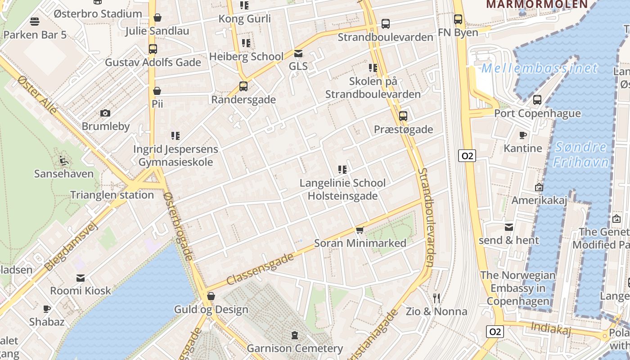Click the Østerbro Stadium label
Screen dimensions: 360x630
[x=98, y=13]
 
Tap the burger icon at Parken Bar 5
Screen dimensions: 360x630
[x=35, y=21]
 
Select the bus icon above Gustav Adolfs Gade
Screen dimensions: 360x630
[x=153, y=49]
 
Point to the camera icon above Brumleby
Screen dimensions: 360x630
[x=105, y=113]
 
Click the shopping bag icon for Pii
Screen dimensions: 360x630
[x=157, y=91]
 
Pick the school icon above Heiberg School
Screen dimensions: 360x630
[x=246, y=43]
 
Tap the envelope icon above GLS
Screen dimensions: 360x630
[x=298, y=53]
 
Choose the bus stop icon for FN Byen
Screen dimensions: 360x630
[x=458, y=19]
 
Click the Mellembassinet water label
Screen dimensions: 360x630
[x=539, y=68]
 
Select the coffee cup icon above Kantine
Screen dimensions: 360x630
[x=522, y=135]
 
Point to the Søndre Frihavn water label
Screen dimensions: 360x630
[x=580, y=154]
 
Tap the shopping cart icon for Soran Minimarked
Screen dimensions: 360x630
[x=360, y=230]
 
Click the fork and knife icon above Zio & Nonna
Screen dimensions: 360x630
[x=436, y=298]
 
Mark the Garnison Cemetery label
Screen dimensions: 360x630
[x=295, y=348]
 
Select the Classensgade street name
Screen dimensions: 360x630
[x=260, y=269]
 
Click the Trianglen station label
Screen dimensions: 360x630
[x=112, y=195]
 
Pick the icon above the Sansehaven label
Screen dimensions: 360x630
[x=64, y=160]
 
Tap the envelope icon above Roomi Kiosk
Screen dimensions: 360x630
[x=81, y=278]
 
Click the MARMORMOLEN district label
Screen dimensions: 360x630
[x=537, y=4]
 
